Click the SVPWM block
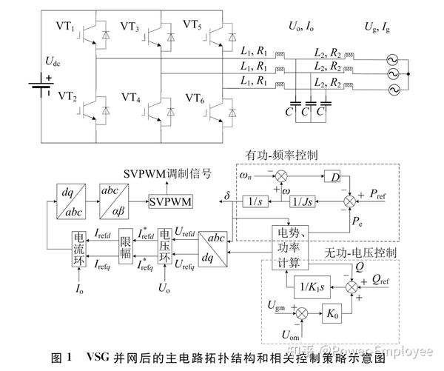[x=170, y=202]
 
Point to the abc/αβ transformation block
[x=114, y=202]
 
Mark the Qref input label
[x=386, y=280]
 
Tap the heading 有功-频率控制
[x=282, y=156]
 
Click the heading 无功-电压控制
[x=361, y=253]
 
